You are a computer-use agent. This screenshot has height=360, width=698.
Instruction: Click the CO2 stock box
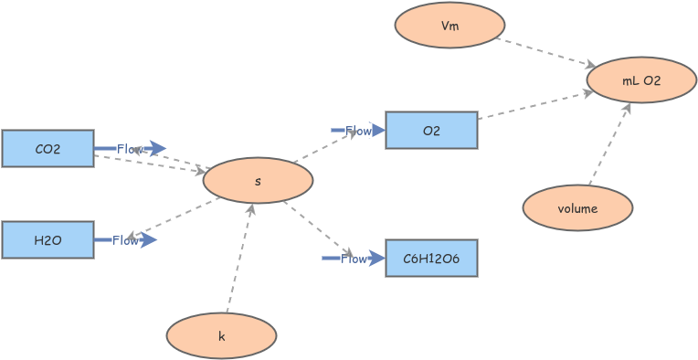(48, 148)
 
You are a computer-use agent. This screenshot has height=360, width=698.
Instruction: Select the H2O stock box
(48, 239)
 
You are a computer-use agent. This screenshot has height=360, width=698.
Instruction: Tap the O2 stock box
(431, 130)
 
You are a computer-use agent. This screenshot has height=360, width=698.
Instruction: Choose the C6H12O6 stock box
(431, 258)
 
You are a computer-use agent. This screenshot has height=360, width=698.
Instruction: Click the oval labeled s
(258, 181)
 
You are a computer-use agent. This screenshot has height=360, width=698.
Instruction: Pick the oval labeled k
(221, 336)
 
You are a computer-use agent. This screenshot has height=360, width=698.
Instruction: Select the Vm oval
(449, 26)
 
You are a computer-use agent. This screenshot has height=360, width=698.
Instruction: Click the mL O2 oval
(641, 80)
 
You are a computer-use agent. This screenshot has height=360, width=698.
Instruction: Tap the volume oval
(577, 208)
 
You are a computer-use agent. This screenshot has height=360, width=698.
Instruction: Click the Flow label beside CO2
(130, 149)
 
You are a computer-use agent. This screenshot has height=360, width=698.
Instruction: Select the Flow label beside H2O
(125, 240)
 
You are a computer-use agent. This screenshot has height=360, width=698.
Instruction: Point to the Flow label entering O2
(357, 131)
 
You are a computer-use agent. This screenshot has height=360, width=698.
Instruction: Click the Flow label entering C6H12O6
(354, 259)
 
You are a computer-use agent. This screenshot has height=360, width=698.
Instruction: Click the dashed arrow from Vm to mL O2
(545, 52)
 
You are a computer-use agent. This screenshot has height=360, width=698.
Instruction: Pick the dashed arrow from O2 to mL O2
(532, 105)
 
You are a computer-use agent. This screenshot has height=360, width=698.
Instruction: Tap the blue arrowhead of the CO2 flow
(157, 148)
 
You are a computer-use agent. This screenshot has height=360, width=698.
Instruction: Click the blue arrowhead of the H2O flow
(148, 239)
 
